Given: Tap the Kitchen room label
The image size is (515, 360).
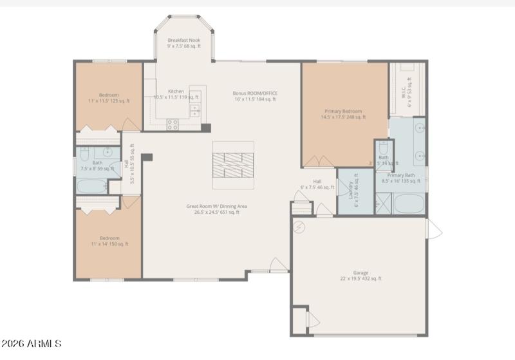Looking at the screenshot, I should click(176, 91).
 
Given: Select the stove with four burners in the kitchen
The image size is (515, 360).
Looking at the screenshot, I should click(173, 124).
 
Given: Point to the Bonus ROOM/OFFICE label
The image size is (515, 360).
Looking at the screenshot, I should click(255, 93).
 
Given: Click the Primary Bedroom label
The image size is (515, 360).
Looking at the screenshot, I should click(343, 111).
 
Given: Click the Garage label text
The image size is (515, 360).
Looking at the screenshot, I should click(360, 272).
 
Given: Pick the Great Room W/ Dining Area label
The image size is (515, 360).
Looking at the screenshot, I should click(217, 207).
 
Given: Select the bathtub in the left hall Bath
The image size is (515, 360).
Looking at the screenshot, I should click(92, 187).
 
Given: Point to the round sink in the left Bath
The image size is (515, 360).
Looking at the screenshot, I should click(108, 153).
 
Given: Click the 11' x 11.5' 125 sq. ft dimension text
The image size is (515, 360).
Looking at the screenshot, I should click(109, 101).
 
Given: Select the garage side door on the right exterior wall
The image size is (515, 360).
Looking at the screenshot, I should click(433, 229).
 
